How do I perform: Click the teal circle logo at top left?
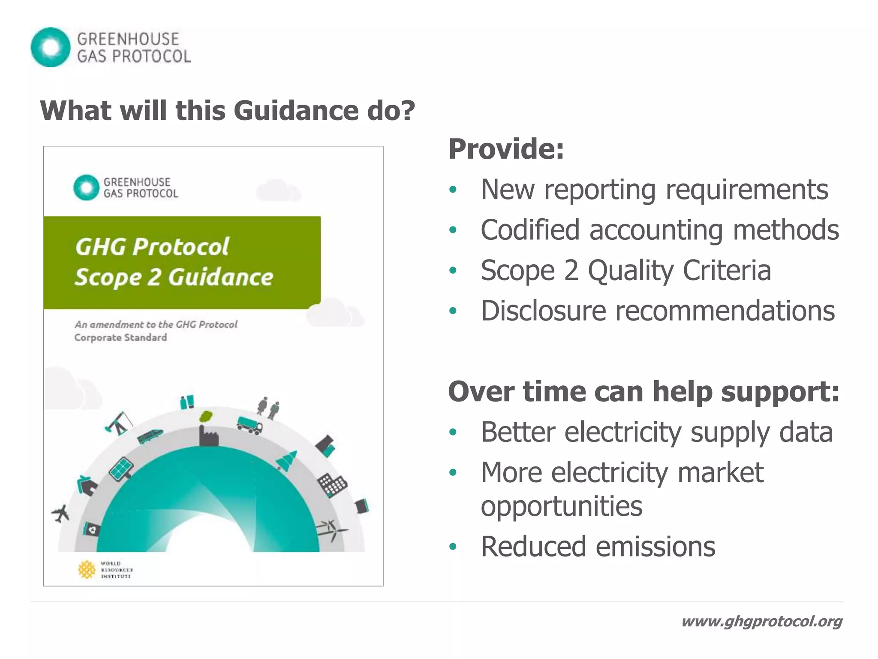pyautogui.click(x=50, y=47)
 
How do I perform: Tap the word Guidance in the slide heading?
pyautogui.click(x=296, y=111)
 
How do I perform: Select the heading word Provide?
pyautogui.click(x=506, y=149)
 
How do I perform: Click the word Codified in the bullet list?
pyautogui.click(x=530, y=230)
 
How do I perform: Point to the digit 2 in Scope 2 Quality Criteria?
pyautogui.click(x=571, y=270)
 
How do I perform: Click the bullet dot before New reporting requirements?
pyautogui.click(x=453, y=190)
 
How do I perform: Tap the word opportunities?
pyautogui.click(x=561, y=506)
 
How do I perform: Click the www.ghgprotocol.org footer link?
pyautogui.click(x=761, y=621)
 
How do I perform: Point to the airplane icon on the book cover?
pyautogui.click(x=61, y=513)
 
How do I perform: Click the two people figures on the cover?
pyautogui.click(x=268, y=408)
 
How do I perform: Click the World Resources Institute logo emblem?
pyautogui.click(x=87, y=569)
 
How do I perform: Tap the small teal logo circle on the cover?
pyautogui.click(x=86, y=187)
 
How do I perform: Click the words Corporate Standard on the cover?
pyautogui.click(x=120, y=338)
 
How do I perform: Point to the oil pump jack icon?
pyautogui.click(x=118, y=423)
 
